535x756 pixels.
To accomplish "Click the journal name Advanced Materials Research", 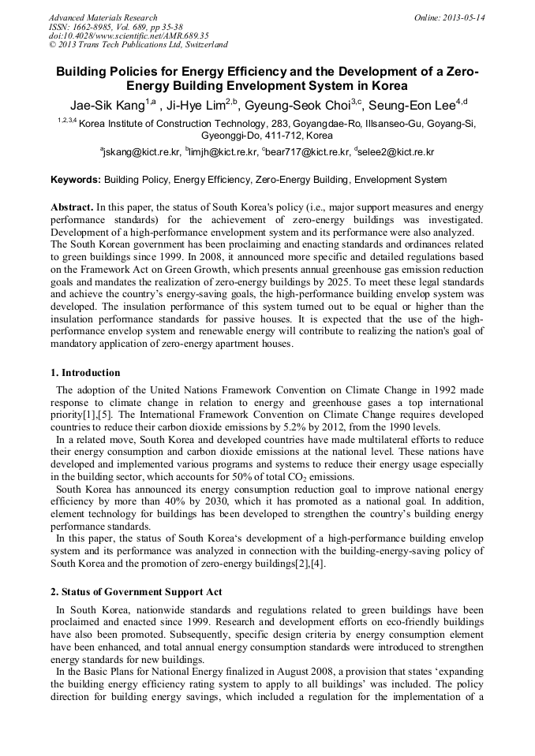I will click(x=103, y=17).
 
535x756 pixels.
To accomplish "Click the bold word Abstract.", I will click(x=71, y=207).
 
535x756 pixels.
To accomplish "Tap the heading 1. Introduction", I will click(x=85, y=373).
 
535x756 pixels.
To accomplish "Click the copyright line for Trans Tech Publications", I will click(x=138, y=45).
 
